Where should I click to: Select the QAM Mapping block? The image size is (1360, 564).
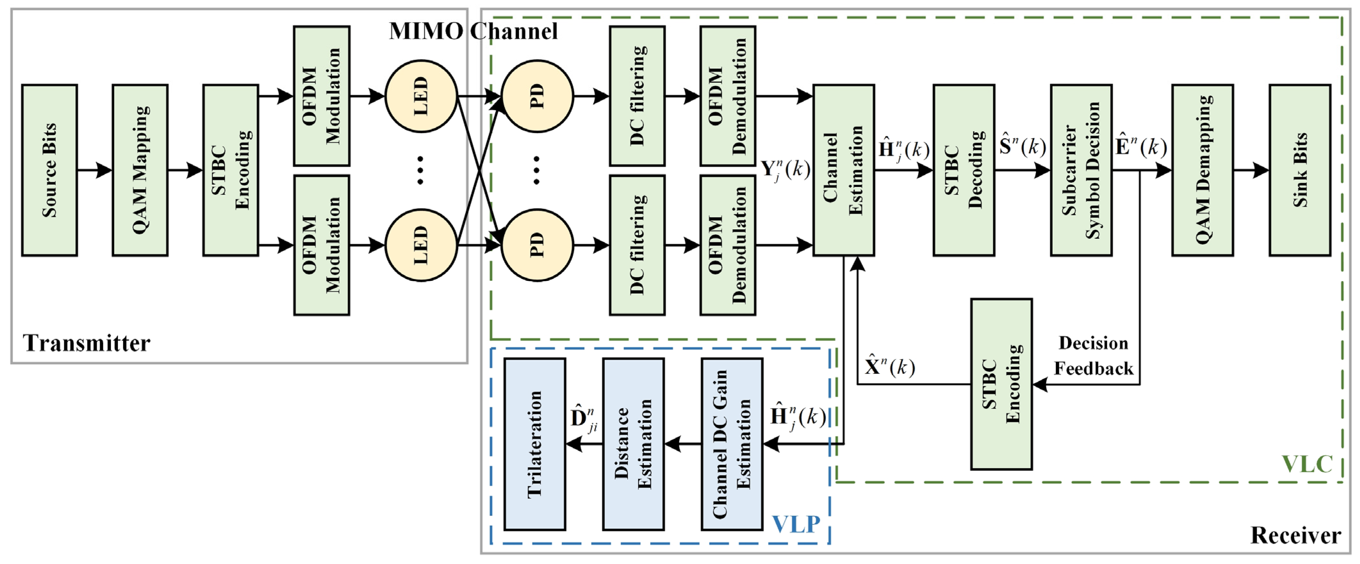point(140,170)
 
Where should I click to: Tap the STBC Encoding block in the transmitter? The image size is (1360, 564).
point(231,170)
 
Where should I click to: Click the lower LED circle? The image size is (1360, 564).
point(421,245)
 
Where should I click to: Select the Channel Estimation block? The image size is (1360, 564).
point(843,170)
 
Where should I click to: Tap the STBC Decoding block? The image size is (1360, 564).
point(964,170)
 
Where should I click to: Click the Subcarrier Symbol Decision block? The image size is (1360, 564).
point(1081,170)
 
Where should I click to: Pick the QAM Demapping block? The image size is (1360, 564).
point(1202,170)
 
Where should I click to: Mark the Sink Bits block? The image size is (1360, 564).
point(1299,170)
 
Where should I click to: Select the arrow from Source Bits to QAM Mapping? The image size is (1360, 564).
point(95,170)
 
